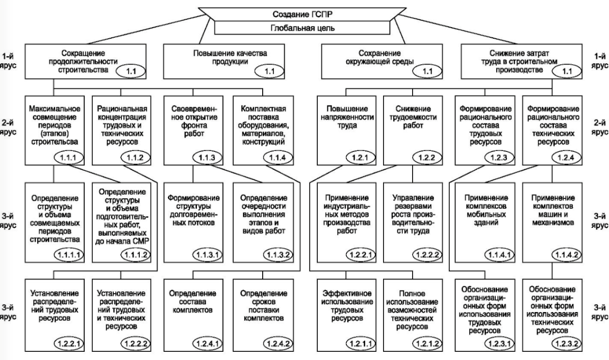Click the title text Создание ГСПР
click(302, 14)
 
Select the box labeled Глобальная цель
click(302, 28)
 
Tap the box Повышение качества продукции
click(224, 62)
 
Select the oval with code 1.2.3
click(499, 158)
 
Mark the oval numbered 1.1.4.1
click(499, 255)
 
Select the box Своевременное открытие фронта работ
click(193, 130)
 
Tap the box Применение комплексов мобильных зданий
click(486, 222)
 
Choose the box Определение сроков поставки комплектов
click(263, 315)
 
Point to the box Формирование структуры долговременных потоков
click(193, 222)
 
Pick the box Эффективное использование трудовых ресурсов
click(346, 315)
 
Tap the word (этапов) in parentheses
click(54, 134)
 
